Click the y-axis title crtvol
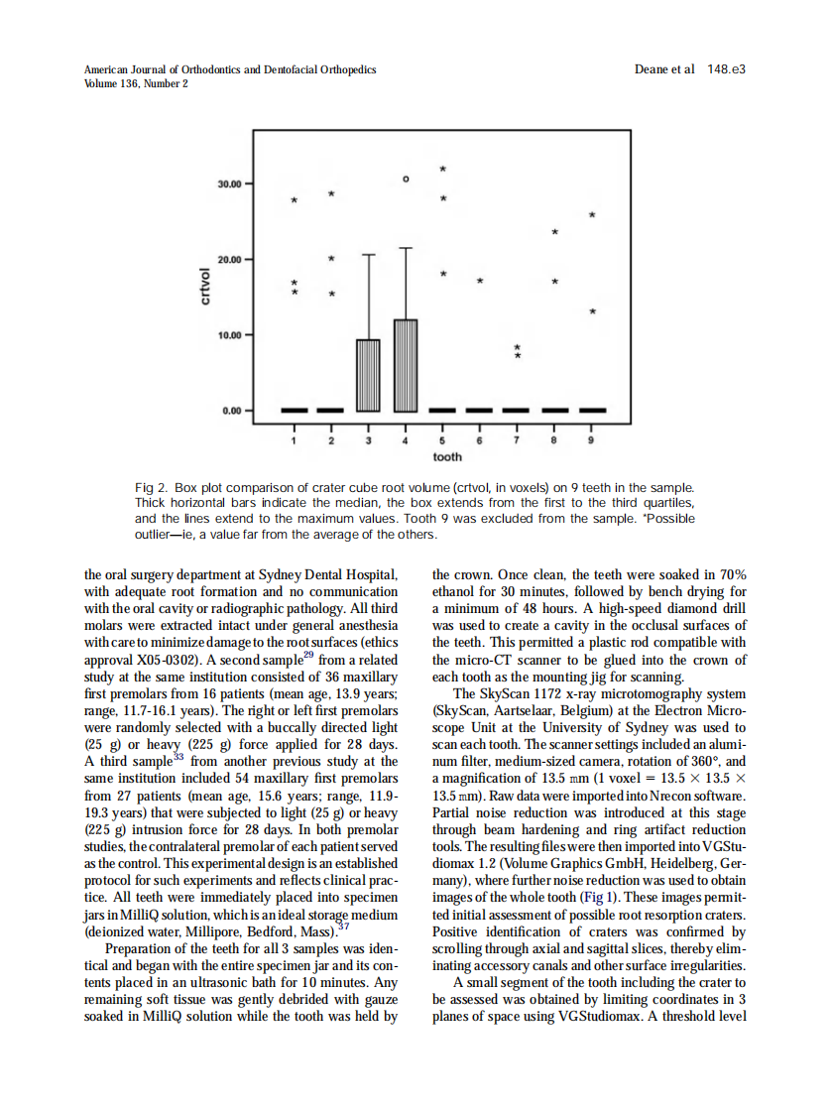click(x=206, y=287)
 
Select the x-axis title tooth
click(x=447, y=457)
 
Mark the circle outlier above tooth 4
click(x=405, y=180)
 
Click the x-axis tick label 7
click(x=517, y=439)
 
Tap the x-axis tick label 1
click(x=294, y=439)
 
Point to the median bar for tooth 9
click(x=592, y=410)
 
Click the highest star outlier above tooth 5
click(x=443, y=168)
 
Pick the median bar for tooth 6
click(x=480, y=410)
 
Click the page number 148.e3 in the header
click(x=726, y=69)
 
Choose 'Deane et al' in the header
click(x=663, y=69)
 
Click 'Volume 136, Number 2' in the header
click(x=136, y=83)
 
